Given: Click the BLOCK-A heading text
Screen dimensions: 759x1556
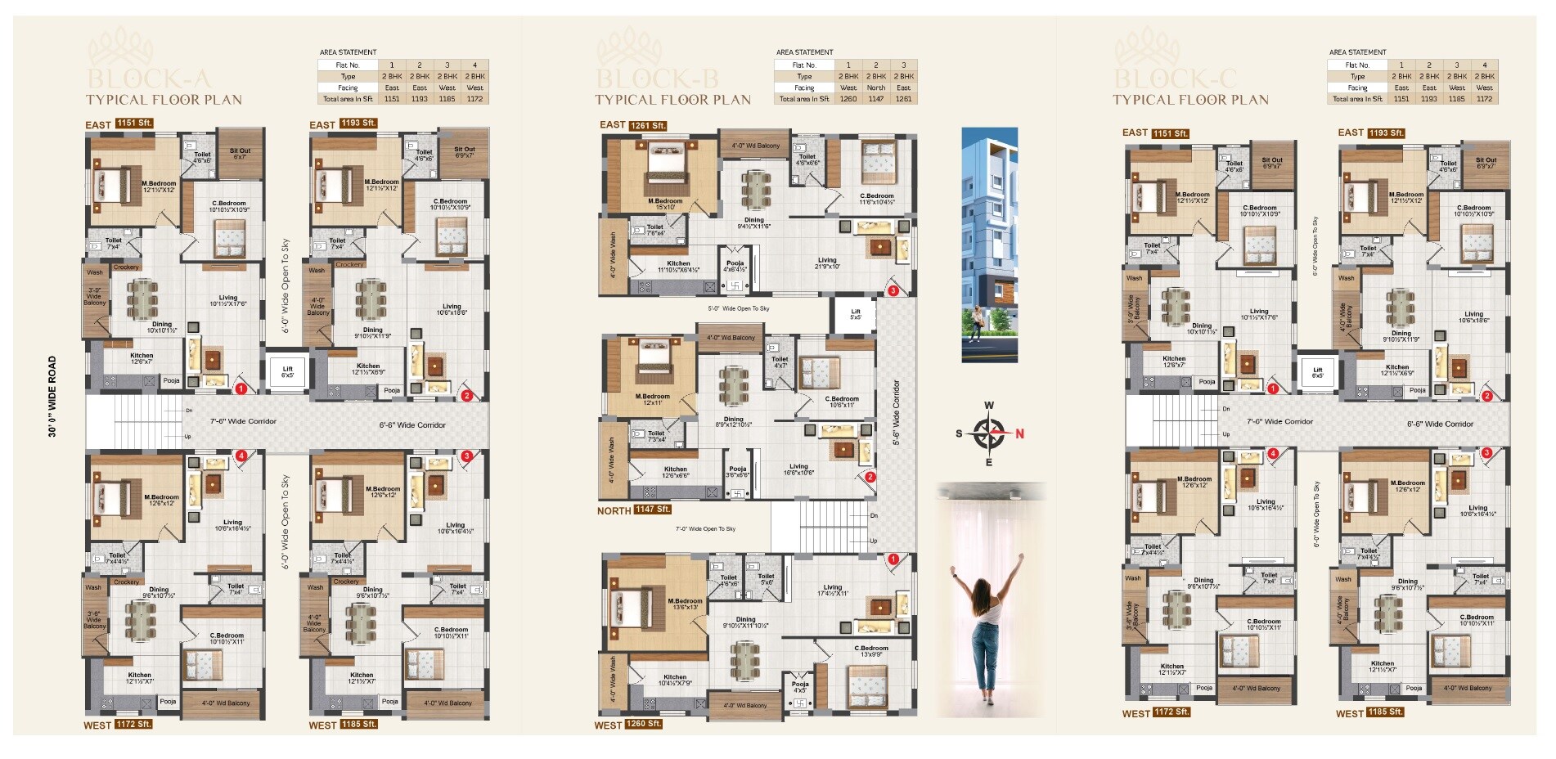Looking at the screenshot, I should point(149,79).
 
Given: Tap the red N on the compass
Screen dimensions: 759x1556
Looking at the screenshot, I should point(1019,433).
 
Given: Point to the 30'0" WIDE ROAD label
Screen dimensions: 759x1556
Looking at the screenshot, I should point(52,397).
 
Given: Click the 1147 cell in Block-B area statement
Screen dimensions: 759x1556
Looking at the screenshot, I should point(875,99).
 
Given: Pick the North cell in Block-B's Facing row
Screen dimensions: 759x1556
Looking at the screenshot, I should point(875,88).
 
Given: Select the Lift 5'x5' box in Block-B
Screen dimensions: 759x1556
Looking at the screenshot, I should point(855,313).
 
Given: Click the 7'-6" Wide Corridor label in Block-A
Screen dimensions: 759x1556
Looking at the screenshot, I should point(243,421).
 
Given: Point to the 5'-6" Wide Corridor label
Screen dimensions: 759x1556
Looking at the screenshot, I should point(896,412).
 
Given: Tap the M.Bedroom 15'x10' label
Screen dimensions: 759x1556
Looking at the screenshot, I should point(664,204).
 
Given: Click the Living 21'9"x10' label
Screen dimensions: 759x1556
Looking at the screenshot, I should point(827,263).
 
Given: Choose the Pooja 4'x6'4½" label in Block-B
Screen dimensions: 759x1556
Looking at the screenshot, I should point(735,266).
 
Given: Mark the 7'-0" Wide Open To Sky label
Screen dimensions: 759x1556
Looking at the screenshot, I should point(705,528).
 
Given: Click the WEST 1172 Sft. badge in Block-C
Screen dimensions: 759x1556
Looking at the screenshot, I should point(1155,712).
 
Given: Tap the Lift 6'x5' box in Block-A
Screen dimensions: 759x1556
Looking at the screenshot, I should point(287,371).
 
